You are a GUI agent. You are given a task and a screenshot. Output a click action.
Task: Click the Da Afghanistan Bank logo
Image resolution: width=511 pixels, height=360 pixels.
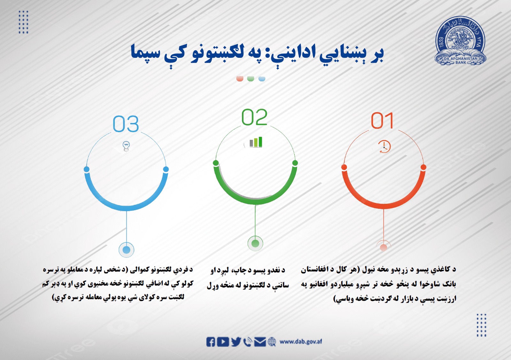(x=460, y=41)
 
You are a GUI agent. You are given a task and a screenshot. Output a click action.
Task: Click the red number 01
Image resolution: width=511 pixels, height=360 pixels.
(x=382, y=121)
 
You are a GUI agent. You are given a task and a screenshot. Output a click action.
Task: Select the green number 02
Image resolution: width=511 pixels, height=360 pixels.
(x=254, y=117)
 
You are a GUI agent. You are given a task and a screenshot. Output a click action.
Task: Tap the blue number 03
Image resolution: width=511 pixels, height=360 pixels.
(x=126, y=124)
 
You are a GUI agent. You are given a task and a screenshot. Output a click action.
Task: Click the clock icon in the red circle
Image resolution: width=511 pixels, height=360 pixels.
(x=384, y=147)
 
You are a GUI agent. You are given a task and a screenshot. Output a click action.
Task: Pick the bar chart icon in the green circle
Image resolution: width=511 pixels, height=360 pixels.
(x=256, y=142)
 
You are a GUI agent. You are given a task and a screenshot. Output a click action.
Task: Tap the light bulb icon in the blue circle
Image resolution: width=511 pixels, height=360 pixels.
(x=126, y=146)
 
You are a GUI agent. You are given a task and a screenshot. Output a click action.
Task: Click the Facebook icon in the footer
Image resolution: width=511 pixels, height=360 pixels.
(x=211, y=342)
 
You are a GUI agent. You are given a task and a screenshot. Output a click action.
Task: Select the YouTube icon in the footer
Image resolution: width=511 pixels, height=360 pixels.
(x=223, y=342)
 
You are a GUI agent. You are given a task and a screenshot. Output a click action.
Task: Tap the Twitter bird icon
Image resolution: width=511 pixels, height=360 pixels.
(x=236, y=342)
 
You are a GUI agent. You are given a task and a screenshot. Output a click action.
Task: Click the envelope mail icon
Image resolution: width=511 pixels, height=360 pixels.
(x=260, y=342)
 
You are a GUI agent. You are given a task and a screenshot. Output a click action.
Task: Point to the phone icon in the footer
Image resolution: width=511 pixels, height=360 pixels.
(x=248, y=342)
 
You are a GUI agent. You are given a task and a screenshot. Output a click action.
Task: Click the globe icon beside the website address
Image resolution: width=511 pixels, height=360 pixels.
(x=272, y=342)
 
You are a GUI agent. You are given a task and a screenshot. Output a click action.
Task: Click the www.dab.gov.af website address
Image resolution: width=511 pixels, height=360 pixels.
(x=301, y=342)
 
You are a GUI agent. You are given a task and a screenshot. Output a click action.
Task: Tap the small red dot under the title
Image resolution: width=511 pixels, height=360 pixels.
(x=240, y=78)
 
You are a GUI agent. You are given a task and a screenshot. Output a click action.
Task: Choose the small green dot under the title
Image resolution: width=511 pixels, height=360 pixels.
(x=251, y=78)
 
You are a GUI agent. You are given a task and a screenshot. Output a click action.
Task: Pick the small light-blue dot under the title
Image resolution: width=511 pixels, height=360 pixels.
(x=262, y=78)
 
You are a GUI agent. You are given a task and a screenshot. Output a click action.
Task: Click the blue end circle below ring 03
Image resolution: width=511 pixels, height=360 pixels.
(x=126, y=250)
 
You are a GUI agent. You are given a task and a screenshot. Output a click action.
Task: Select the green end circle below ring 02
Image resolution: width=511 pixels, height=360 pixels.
(x=255, y=244)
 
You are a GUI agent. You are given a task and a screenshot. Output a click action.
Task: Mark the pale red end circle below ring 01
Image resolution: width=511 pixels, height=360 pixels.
(x=384, y=247)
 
